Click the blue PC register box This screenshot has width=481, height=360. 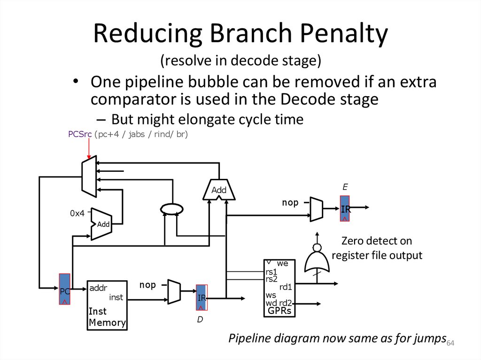[65, 289]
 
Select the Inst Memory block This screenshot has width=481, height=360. [107, 305]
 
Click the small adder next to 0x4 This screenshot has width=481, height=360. [101, 224]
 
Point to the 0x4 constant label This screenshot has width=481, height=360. [77, 213]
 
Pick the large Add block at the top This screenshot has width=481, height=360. [219, 190]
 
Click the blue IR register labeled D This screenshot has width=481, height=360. [202, 297]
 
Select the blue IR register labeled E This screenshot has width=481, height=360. [346, 208]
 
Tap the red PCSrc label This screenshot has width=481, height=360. [80, 135]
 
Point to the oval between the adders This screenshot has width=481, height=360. [171, 208]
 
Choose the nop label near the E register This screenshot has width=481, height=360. [290, 203]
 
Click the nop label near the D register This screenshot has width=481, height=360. [148, 285]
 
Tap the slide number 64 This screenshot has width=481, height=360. [450, 343]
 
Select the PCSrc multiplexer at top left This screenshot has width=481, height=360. [89, 176]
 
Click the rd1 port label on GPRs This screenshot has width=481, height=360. [286, 287]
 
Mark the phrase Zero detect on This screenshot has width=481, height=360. [377, 241]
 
